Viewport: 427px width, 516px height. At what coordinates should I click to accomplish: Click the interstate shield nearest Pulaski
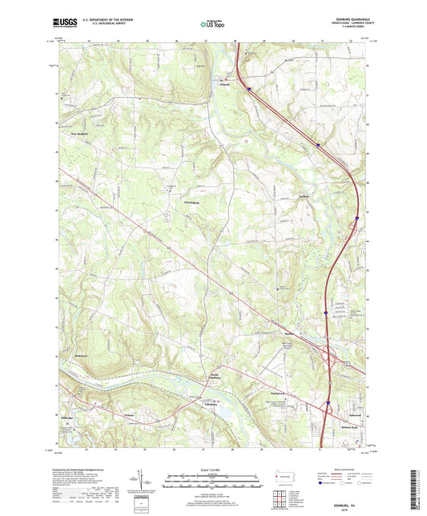249,89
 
